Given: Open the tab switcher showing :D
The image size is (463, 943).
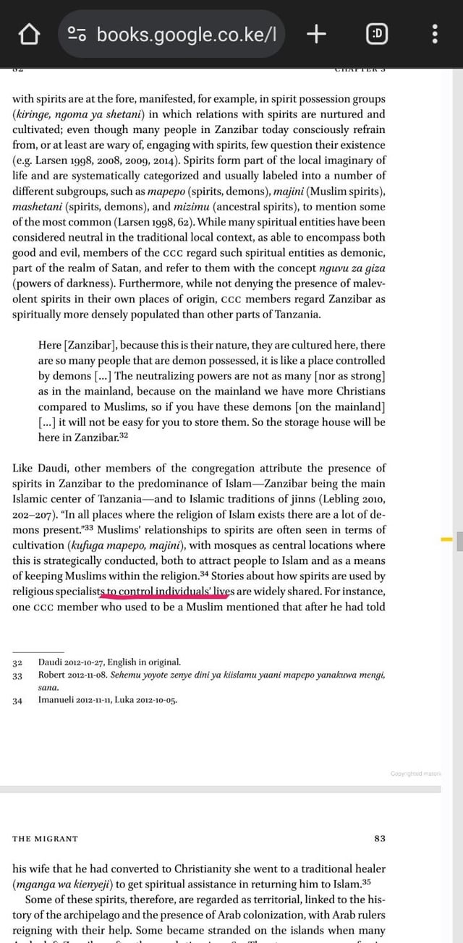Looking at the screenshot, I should click(377, 33).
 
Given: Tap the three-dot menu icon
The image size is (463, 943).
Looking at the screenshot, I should click(435, 33).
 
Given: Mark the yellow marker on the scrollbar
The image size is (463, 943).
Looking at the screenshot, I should click(446, 539).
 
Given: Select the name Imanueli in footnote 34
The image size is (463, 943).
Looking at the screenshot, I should click(58, 700).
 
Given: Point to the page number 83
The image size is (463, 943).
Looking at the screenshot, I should click(379, 839).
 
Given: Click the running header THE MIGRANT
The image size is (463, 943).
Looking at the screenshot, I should click(45, 839).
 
